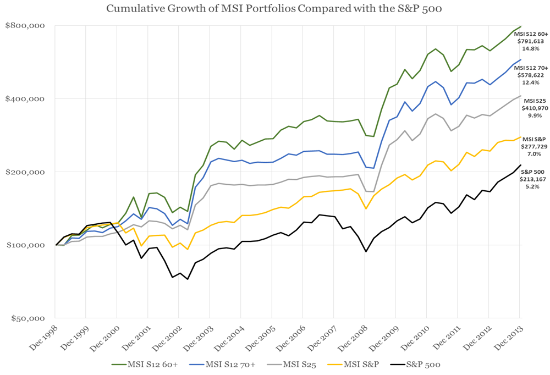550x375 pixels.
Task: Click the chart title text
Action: (274, 9)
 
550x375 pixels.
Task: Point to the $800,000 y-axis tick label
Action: (24, 25)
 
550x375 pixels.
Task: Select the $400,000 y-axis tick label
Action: (24, 98)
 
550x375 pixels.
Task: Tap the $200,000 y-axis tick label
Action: (24, 172)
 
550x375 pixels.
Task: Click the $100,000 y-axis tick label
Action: (24, 245)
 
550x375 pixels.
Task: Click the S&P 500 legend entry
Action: (421, 364)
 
